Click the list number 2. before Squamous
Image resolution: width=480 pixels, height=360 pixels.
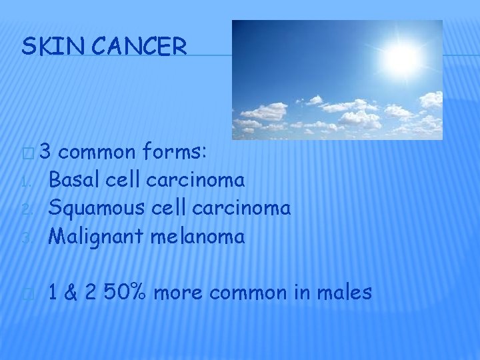coord(26,210)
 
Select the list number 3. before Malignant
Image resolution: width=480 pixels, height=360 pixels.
coord(26,238)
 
